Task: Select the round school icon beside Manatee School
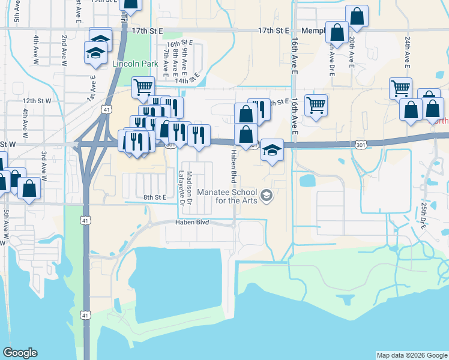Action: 267,195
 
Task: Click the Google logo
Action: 20,353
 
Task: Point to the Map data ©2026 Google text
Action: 411,355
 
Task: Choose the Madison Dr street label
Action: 189,186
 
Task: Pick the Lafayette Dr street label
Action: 181,188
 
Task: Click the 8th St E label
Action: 154,197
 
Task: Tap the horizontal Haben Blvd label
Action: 191,222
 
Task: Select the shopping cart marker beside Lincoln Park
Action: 142,87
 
